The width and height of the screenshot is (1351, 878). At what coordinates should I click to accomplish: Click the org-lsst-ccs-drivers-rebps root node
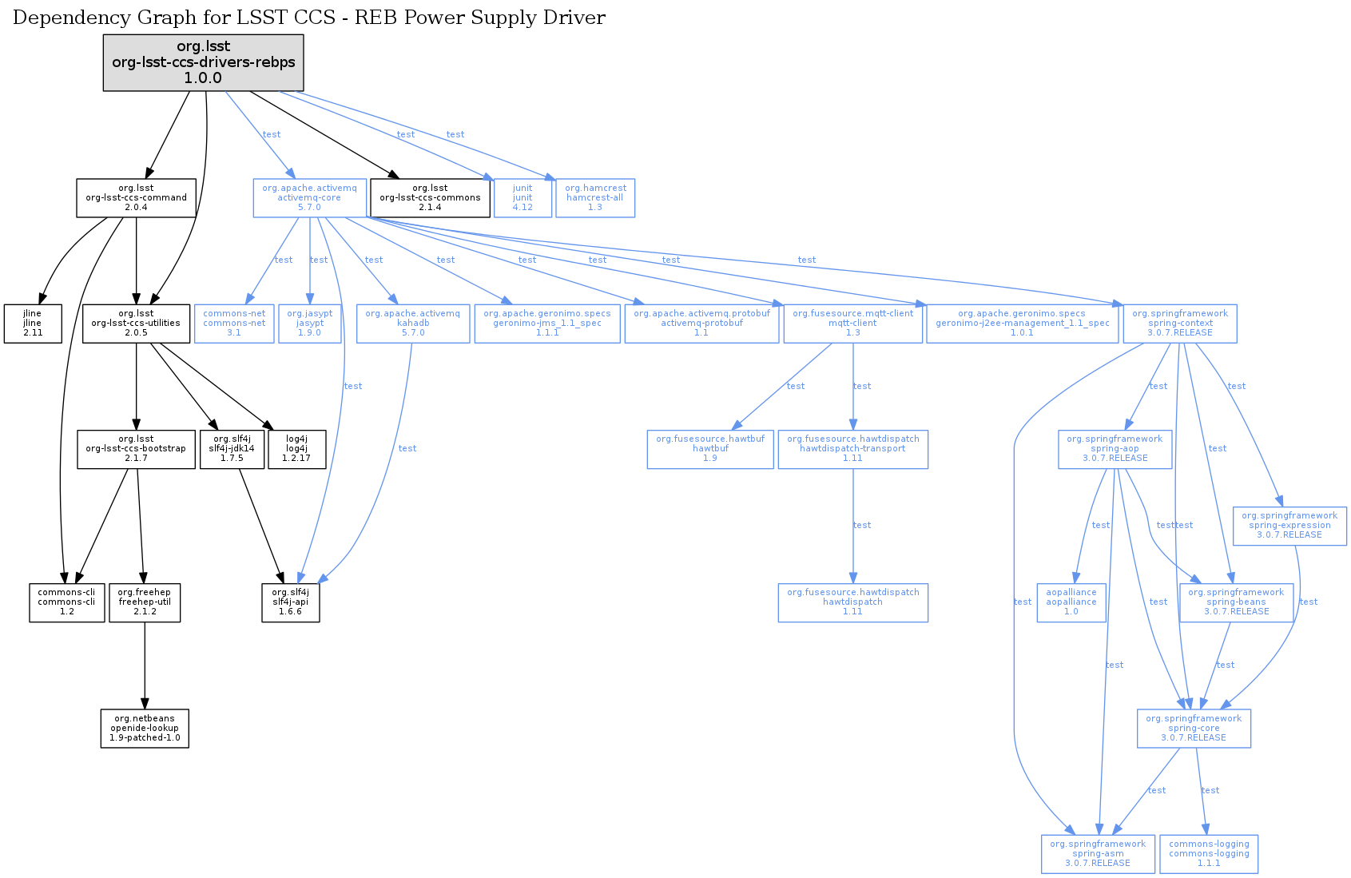[203, 62]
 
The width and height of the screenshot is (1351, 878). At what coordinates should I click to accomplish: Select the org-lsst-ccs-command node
[136, 198]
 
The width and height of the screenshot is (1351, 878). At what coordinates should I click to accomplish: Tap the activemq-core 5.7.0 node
[309, 198]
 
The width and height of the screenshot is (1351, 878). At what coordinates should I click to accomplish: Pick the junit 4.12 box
[523, 198]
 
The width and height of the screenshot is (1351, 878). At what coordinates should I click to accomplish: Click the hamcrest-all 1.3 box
[595, 198]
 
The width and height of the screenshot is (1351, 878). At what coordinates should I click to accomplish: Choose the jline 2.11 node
[33, 324]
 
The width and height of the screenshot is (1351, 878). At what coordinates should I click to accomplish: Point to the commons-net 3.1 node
[234, 324]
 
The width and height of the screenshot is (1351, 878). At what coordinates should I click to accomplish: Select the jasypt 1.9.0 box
[309, 324]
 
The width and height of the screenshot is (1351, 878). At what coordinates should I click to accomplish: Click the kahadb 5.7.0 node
[412, 324]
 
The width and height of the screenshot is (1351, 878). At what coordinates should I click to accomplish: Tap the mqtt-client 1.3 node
[852, 324]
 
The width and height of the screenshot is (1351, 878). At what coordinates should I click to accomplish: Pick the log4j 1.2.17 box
[296, 449]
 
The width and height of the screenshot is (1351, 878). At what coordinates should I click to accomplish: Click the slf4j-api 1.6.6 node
[291, 602]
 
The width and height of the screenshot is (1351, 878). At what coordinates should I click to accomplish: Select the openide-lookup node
[145, 729]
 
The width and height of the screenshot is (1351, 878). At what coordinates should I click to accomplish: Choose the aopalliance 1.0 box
[1071, 602]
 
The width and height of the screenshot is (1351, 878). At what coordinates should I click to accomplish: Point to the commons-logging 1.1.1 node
[1209, 854]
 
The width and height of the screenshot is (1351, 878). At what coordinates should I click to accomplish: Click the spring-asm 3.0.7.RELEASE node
[1098, 854]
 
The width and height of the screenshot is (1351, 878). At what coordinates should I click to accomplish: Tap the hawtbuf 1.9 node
[710, 449]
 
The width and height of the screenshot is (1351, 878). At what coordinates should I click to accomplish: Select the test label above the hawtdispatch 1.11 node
[862, 526]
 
